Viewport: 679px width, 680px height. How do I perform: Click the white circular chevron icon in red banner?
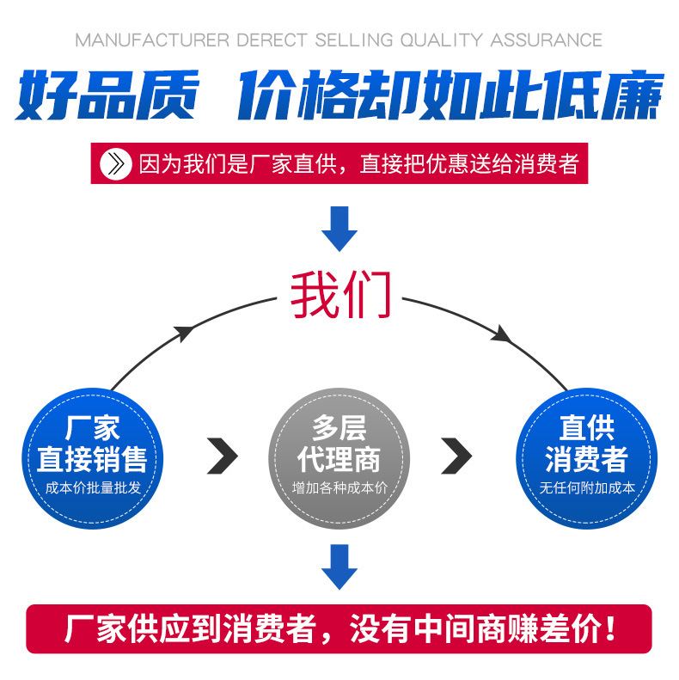(115, 163)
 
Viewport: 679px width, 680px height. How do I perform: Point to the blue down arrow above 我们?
(339, 228)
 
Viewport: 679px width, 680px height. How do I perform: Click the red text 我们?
(340, 295)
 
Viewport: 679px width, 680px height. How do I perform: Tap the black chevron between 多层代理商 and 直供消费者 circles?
(456, 456)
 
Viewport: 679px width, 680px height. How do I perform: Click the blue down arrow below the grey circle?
(339, 566)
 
